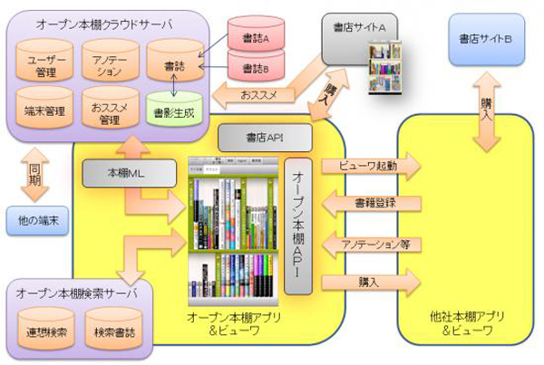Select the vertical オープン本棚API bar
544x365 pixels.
pos(297,226)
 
